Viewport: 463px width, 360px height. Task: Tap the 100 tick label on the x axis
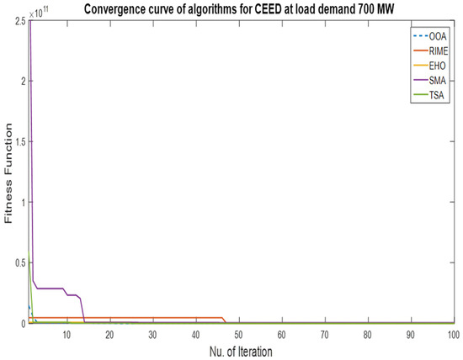[x=452, y=334]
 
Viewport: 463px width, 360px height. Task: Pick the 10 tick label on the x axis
[x=67, y=334]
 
